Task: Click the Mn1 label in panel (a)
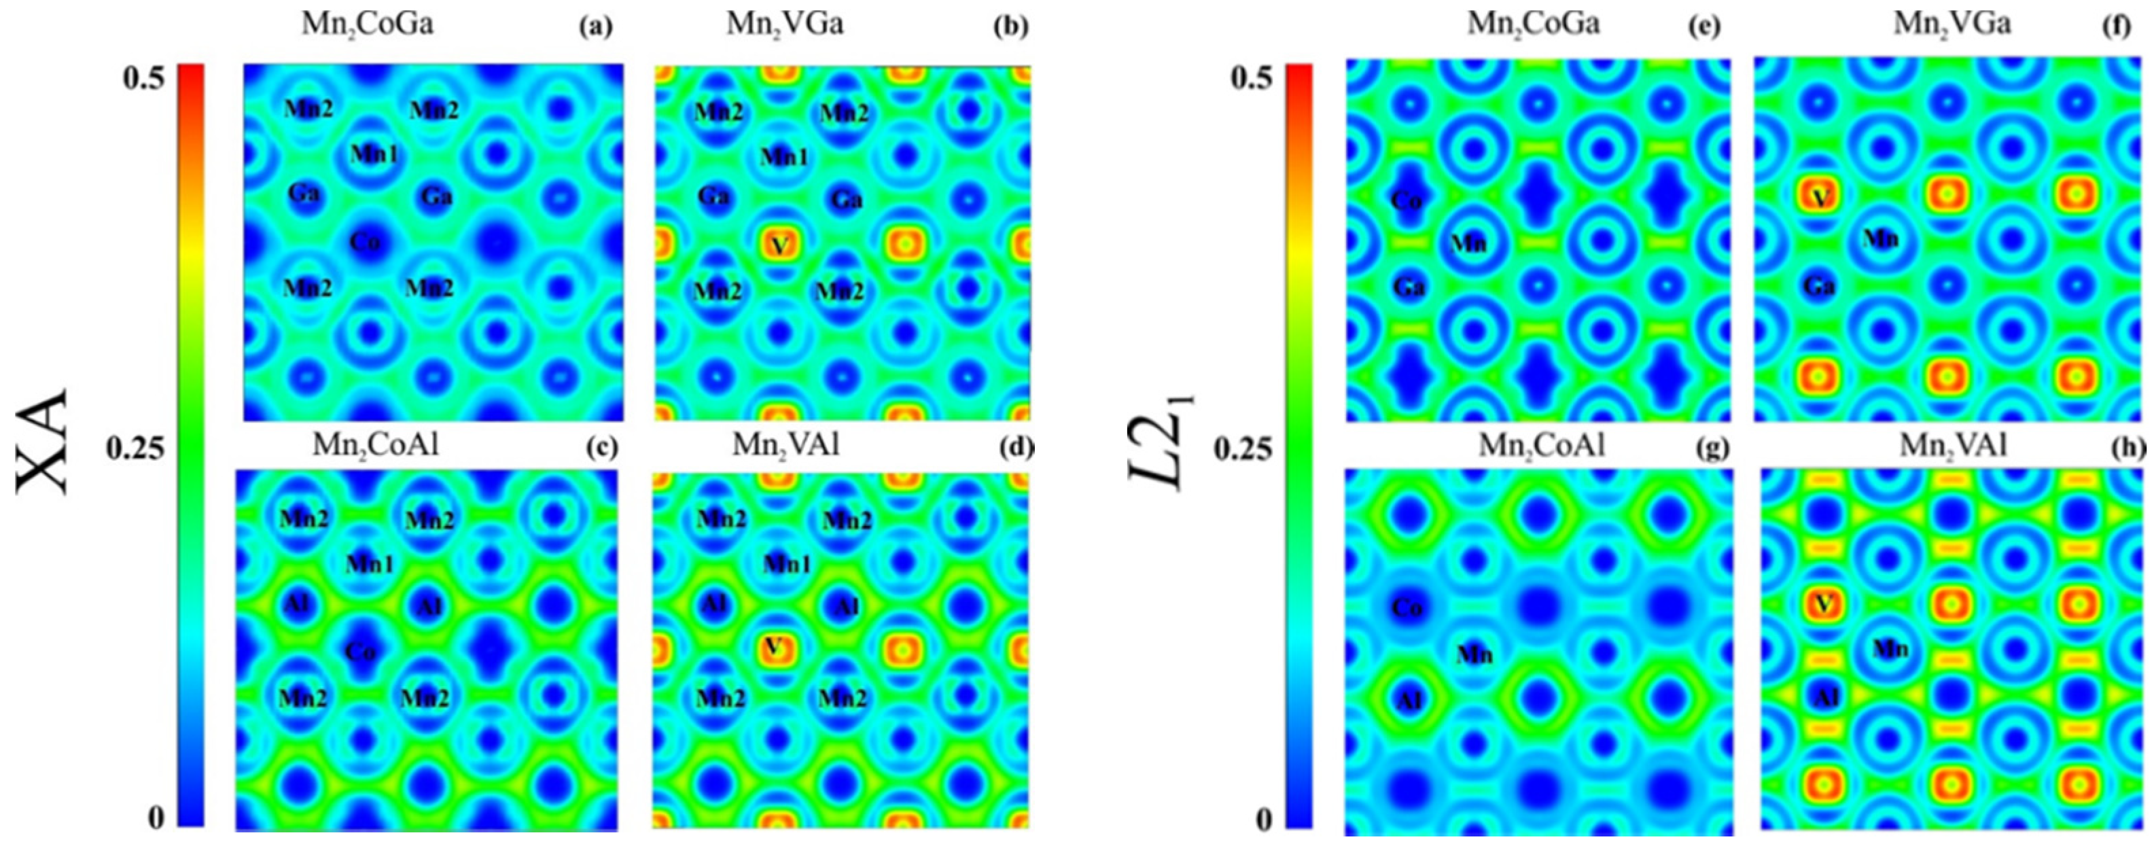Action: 374,154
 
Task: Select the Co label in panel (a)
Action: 365,242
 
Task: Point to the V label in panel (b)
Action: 779,245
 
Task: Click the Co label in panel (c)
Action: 361,650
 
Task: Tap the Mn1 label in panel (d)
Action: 787,565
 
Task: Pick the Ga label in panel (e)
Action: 1409,288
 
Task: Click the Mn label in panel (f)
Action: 1881,239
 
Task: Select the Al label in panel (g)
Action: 1409,700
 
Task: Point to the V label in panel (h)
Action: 1822,603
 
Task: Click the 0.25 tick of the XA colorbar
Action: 135,450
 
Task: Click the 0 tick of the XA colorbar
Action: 156,818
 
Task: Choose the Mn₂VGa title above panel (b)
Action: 784,23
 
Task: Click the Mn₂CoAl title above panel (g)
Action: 1542,445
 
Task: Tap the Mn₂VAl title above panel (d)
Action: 785,445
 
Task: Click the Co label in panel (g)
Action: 1407,607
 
